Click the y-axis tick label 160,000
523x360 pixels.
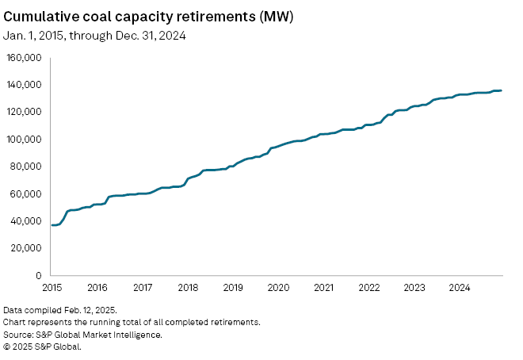pos(25,58)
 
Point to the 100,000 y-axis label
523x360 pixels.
pos(25,140)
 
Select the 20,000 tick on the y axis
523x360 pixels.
pos(27,248)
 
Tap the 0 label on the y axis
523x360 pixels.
pos(37,275)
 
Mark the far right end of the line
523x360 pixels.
pos(501,90)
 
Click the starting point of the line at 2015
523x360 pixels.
pos(52,225)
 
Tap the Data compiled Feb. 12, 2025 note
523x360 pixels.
pos(60,310)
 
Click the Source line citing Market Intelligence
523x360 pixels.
pos(82,335)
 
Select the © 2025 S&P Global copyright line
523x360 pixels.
pos(42,347)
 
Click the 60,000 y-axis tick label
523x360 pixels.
pos(27,193)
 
